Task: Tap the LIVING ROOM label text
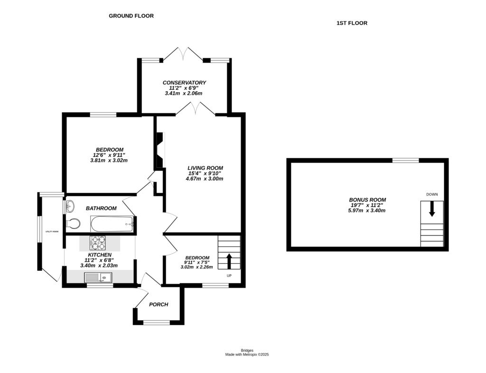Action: (x=205, y=168)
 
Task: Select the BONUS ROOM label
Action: (x=367, y=200)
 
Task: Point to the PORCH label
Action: (x=159, y=305)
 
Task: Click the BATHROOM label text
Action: (x=101, y=209)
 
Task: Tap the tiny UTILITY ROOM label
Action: (x=52, y=231)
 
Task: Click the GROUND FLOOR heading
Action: (x=131, y=16)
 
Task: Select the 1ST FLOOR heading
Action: (x=352, y=23)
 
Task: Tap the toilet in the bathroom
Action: (x=73, y=223)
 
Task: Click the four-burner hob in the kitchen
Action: (x=98, y=243)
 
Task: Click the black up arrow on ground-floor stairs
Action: (x=229, y=261)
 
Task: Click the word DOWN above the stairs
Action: (x=432, y=194)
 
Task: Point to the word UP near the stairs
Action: (x=229, y=276)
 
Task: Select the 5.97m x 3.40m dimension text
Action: (x=367, y=210)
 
